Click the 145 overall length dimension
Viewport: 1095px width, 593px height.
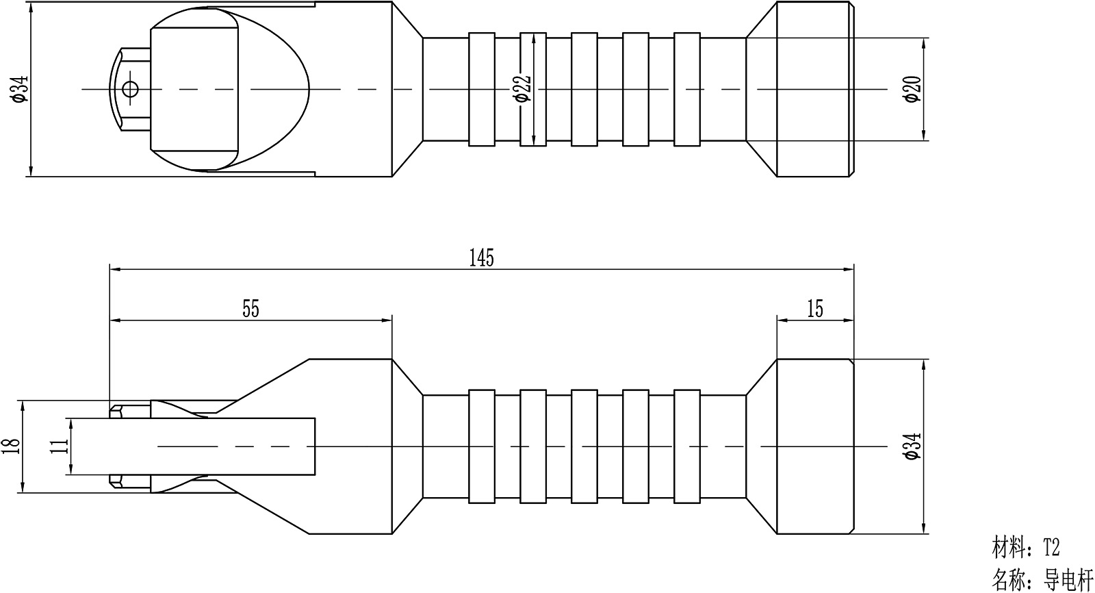tap(482, 258)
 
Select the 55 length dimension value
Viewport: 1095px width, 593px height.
tap(250, 310)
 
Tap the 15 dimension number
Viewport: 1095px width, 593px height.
tap(815, 310)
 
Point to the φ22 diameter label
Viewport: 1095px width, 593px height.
tap(523, 88)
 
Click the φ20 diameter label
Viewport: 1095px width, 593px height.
tap(913, 89)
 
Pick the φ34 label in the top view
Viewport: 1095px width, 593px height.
tap(21, 89)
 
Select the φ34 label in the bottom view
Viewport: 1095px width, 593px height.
tap(913, 446)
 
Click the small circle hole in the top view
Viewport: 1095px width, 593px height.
tap(130, 89)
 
